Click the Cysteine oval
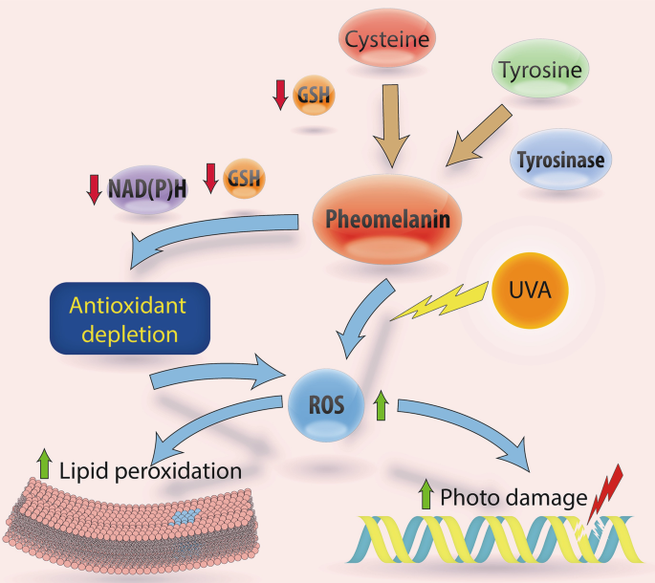[x=387, y=38]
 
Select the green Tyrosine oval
[x=540, y=69]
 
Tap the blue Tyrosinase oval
[x=560, y=160]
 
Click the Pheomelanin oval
[x=387, y=219]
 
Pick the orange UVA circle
[x=530, y=291]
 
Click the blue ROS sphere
[x=326, y=405]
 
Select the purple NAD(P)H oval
[x=147, y=189]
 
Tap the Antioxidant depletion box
[x=130, y=318]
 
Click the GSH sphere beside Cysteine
[x=314, y=95]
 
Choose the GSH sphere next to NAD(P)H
[x=244, y=179]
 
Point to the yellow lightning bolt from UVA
[x=440, y=302]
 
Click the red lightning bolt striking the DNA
[x=605, y=493]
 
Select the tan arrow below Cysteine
[x=391, y=126]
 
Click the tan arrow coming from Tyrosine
[x=479, y=136]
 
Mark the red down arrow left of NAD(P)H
[x=94, y=190]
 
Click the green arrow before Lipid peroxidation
[x=45, y=464]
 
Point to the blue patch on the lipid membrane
[x=185, y=516]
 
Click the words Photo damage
[x=513, y=497]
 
